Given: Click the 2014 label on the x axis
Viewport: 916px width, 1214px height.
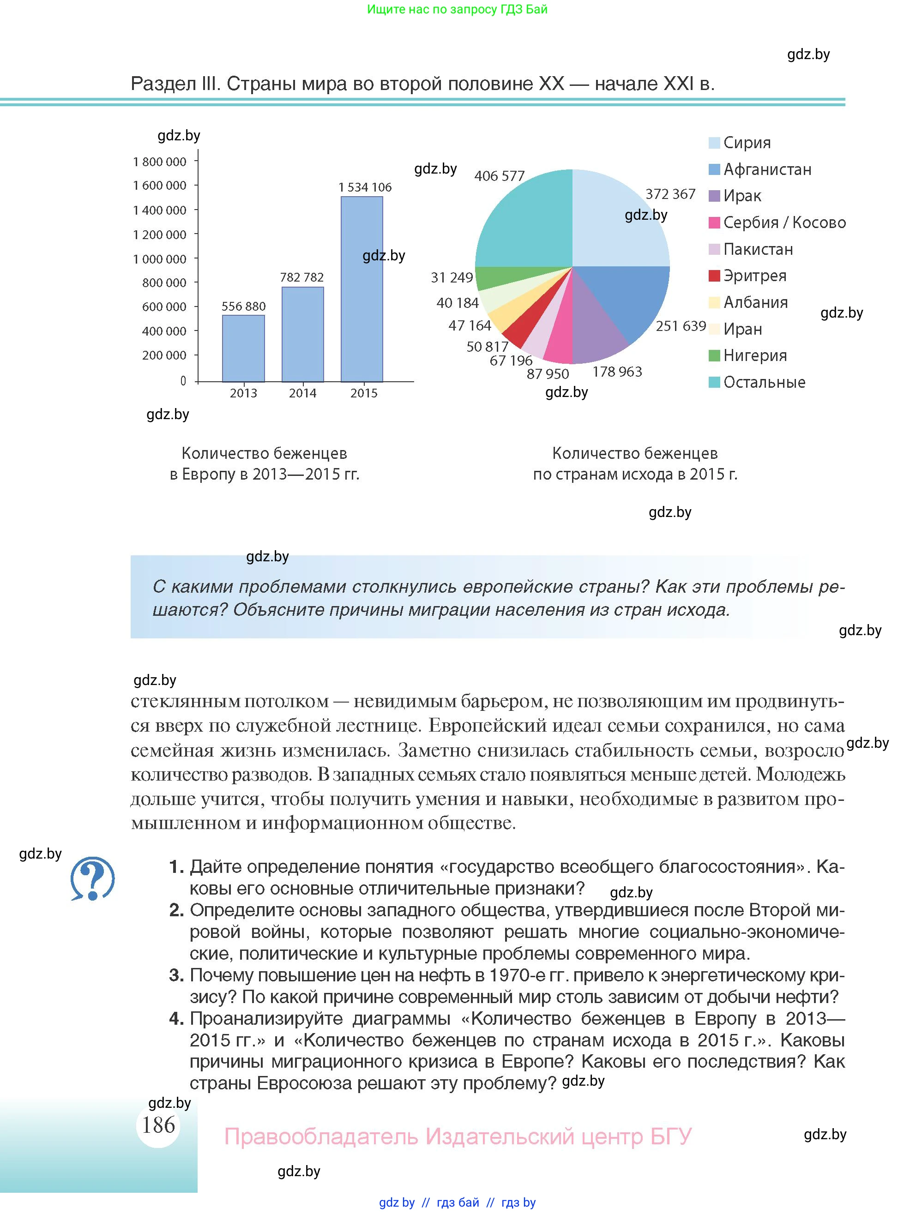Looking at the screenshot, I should point(302,393).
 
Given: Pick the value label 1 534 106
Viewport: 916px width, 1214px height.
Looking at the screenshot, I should point(365,187).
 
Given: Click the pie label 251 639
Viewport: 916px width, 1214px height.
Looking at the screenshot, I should point(681,326).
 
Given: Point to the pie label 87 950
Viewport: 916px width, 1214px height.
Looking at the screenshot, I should point(547,374).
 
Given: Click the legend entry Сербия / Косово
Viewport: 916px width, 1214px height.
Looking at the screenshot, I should point(784,222).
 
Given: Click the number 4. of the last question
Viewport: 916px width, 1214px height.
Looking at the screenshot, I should point(176,1019).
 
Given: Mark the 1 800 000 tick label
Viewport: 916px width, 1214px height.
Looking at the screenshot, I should point(159,162).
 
